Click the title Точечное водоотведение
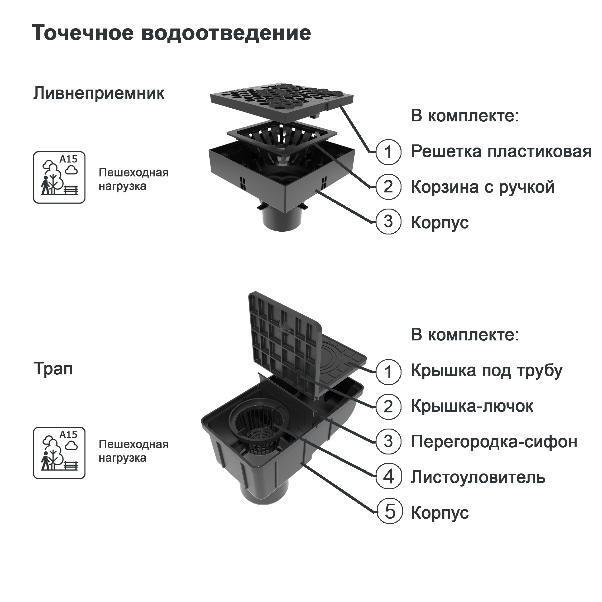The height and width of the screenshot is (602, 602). pos(171,33)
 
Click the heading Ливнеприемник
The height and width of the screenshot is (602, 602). pos(99,93)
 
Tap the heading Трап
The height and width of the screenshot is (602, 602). pos(53,369)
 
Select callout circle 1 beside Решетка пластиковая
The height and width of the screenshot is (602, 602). pos(388,152)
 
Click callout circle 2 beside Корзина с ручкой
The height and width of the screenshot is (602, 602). pos(388,187)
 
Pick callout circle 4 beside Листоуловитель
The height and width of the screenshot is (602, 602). pos(388,477)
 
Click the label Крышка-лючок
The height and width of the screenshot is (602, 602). pos(472,406)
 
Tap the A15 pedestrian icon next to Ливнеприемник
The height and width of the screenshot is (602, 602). pos(59,177)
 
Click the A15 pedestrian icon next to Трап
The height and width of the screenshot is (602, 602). pos(59,453)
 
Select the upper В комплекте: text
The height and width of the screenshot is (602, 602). pos(465,116)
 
